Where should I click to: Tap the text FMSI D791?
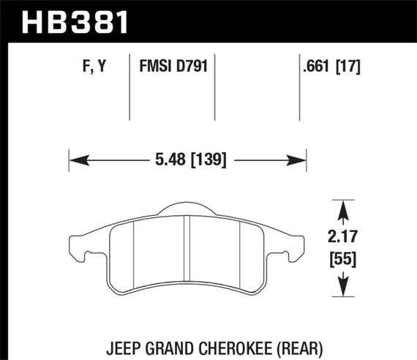pos(172,67)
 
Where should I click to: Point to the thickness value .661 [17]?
pos(331,67)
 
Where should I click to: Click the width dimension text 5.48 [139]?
pos(187,159)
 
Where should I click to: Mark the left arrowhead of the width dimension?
pos(74,159)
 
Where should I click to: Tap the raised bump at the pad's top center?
pos(188,209)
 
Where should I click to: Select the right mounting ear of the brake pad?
pos(295,249)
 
